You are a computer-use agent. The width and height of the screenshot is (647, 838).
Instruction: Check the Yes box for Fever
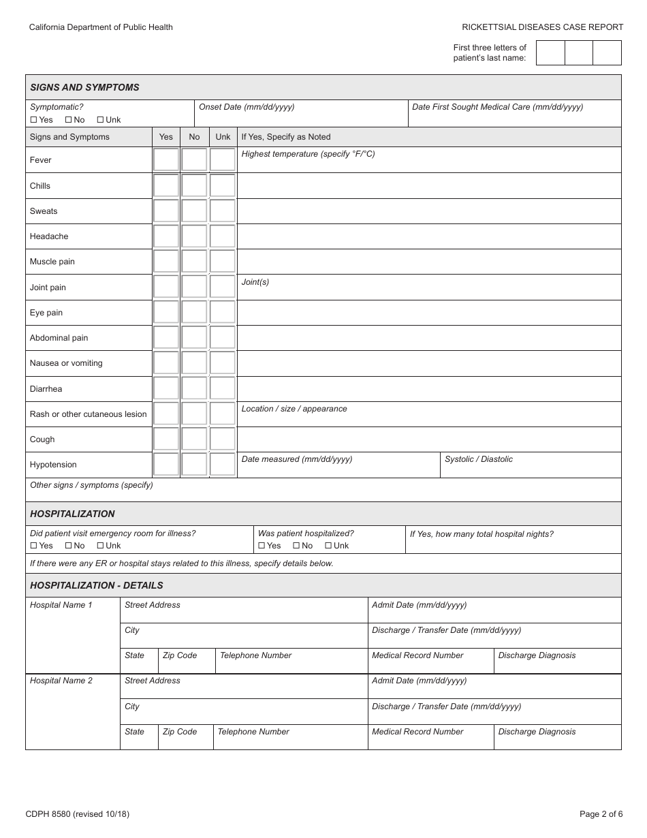point(166,160)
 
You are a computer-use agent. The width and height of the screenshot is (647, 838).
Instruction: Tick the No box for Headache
point(194,236)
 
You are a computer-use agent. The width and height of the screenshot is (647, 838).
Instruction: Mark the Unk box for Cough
point(222,439)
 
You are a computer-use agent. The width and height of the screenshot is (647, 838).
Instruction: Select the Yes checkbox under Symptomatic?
point(34,120)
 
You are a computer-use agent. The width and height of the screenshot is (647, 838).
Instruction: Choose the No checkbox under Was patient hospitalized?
point(296,546)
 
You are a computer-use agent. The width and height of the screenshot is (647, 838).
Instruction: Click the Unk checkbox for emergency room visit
point(100,546)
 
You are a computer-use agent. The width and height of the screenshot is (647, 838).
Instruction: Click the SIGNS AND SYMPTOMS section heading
point(84,87)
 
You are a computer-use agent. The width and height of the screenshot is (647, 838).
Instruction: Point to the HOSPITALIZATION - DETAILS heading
point(97,585)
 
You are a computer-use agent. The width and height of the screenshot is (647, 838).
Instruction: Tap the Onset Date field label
point(247,107)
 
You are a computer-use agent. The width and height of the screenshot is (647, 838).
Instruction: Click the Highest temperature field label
point(308,154)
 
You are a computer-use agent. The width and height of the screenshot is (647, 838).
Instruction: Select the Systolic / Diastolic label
point(478,459)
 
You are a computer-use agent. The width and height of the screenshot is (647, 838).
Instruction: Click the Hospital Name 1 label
point(61,605)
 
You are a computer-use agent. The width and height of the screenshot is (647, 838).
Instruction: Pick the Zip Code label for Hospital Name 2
point(180,732)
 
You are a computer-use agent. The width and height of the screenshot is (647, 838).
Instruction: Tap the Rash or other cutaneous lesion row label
point(88,414)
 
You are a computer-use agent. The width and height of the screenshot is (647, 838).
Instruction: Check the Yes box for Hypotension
point(166,465)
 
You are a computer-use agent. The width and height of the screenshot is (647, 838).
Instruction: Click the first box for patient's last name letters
point(550,53)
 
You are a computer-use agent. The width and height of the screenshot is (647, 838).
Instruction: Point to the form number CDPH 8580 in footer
point(77,813)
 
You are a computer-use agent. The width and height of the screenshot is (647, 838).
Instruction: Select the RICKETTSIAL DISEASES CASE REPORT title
point(542,27)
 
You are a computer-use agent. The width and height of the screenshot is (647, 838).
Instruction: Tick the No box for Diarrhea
point(194,388)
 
